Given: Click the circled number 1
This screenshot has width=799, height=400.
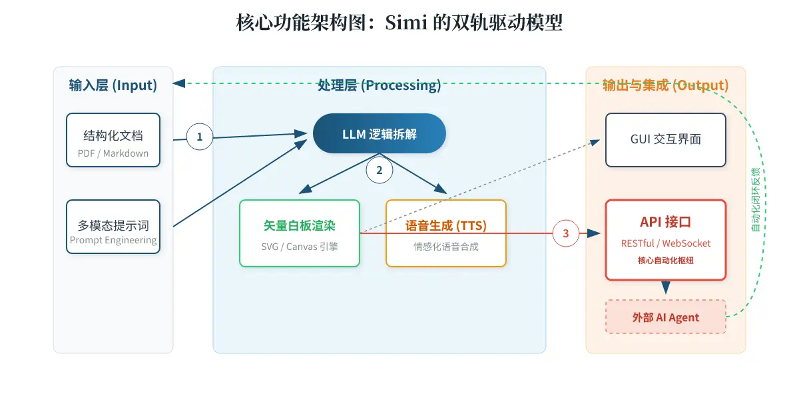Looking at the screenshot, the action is [200, 137].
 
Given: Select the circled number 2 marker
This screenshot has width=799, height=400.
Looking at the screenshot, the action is [380, 170].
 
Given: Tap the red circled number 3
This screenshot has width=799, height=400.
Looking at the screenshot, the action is [566, 233].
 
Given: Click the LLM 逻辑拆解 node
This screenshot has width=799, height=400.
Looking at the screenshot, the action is [380, 133].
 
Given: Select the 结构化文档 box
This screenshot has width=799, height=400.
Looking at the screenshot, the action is [113, 140].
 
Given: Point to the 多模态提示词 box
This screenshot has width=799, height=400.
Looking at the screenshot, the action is [113, 227].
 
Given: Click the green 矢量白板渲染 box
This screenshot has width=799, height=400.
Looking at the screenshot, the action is [300, 233].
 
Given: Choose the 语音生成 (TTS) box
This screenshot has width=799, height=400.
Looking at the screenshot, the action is [446, 233].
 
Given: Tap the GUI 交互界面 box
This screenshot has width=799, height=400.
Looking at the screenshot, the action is [666, 140].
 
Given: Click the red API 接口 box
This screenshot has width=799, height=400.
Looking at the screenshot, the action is [666, 240].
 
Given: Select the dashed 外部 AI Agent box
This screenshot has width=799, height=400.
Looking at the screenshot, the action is [666, 317].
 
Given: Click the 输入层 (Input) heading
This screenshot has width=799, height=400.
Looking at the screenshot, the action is [113, 85].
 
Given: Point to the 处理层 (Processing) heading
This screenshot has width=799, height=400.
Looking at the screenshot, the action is [380, 85].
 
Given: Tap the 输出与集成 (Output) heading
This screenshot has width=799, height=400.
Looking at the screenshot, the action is [666, 85].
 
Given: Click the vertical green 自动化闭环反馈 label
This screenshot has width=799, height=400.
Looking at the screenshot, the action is [756, 199].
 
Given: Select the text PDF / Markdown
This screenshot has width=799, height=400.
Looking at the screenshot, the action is [113, 153].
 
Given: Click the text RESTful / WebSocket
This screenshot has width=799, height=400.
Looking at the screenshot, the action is [666, 243].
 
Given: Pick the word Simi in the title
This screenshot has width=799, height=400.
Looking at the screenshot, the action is [406, 23].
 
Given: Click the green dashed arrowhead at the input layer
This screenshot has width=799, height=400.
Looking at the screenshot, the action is [178, 83].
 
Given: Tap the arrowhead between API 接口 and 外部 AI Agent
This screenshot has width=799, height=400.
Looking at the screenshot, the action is [666, 287].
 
